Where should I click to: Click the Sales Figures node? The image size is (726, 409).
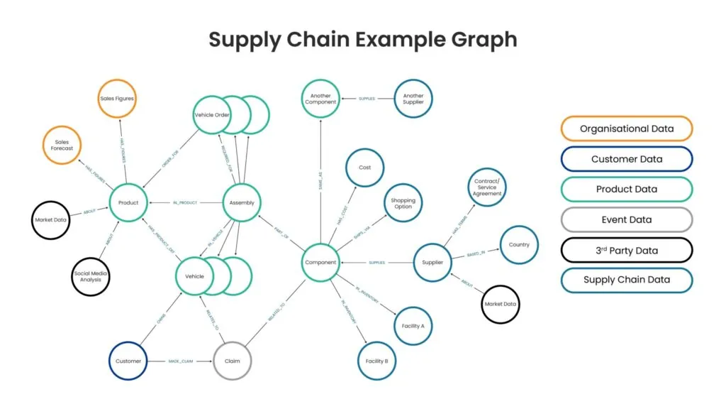pyautogui.click(x=116, y=99)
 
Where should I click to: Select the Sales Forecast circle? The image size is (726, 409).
pyautogui.click(x=62, y=145)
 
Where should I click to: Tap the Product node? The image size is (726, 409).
pyautogui.click(x=128, y=202)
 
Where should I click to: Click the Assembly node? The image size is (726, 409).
pyautogui.click(x=242, y=202)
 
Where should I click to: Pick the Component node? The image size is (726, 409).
pyautogui.click(x=320, y=263)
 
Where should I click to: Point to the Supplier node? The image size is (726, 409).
pyautogui.click(x=432, y=263)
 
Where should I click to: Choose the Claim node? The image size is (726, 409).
pyautogui.click(x=233, y=361)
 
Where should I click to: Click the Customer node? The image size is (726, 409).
pyautogui.click(x=128, y=361)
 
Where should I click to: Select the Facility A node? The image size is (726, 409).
pyautogui.click(x=413, y=326)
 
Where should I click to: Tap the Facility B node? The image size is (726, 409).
pyautogui.click(x=376, y=361)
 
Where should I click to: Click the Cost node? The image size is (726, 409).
pyautogui.click(x=365, y=168)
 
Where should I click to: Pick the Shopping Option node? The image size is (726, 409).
pyautogui.click(x=403, y=202)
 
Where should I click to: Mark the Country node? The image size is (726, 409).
pyautogui.click(x=519, y=245)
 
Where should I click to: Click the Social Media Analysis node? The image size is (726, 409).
pyautogui.click(x=91, y=276)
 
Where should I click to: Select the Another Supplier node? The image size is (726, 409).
pyautogui.click(x=413, y=99)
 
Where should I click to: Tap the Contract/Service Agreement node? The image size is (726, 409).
pyautogui.click(x=487, y=187)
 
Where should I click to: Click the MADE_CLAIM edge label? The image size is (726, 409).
pyautogui.click(x=180, y=361)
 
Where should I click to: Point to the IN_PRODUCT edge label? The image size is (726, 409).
pyautogui.click(x=185, y=202)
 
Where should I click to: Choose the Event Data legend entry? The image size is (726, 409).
pyautogui.click(x=627, y=219)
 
